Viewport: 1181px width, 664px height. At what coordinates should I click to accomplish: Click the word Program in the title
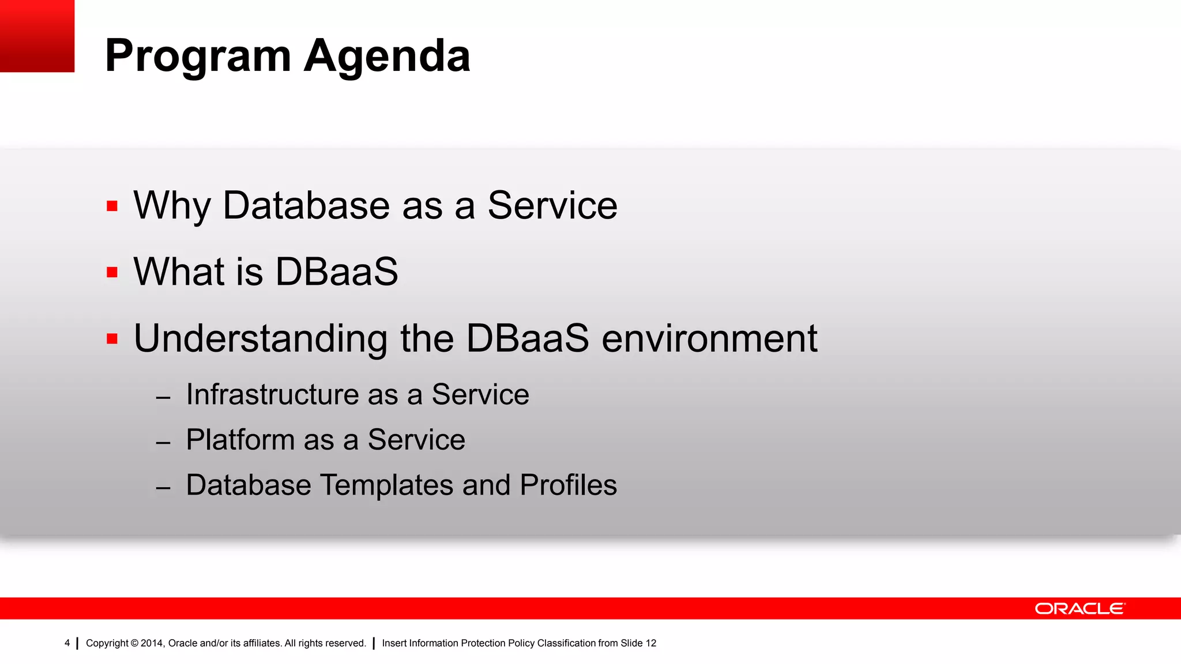click(198, 56)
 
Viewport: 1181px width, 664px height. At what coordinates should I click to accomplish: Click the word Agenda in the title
click(387, 56)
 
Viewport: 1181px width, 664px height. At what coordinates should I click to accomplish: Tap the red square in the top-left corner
click(37, 36)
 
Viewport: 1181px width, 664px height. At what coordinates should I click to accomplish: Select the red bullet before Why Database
click(112, 206)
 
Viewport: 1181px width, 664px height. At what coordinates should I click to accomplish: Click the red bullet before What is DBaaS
click(112, 272)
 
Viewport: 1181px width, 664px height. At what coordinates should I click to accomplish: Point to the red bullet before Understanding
click(112, 338)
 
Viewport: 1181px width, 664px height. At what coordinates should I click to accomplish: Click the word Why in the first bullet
click(172, 206)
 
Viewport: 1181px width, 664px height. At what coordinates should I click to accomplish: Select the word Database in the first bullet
click(306, 206)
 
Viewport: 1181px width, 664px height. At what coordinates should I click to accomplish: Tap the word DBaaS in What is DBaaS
click(337, 272)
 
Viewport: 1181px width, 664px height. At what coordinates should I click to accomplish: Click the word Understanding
click(261, 338)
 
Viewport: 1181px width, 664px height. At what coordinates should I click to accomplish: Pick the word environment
click(709, 338)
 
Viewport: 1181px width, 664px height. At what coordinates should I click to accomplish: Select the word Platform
click(240, 440)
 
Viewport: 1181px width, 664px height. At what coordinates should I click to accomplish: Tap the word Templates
click(386, 485)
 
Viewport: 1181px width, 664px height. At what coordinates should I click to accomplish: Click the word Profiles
click(568, 485)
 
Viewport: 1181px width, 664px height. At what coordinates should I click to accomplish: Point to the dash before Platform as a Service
click(163, 443)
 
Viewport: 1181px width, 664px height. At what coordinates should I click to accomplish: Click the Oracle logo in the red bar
click(1080, 609)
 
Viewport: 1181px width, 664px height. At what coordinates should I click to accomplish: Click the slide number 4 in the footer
click(67, 643)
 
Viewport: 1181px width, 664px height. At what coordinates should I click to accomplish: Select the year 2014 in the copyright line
click(152, 643)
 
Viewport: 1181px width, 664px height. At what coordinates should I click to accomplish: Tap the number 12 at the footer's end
click(650, 643)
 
